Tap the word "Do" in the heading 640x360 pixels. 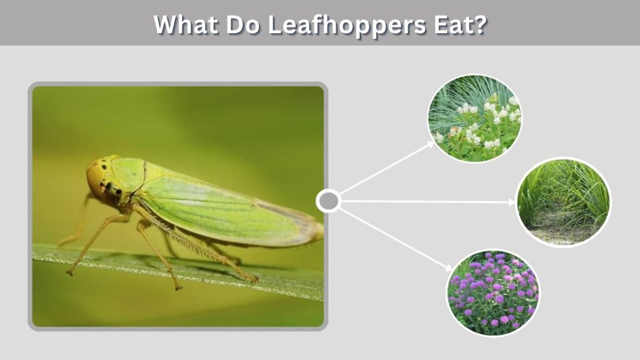[243, 24]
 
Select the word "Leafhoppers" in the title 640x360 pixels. [347, 25]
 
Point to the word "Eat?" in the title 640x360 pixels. [461, 24]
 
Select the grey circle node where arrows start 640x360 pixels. [329, 201]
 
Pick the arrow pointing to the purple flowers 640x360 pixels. [396, 239]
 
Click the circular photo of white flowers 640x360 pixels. [475, 118]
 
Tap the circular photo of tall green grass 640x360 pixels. [564, 202]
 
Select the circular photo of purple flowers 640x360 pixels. [493, 293]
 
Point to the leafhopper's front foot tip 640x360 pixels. [70, 272]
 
